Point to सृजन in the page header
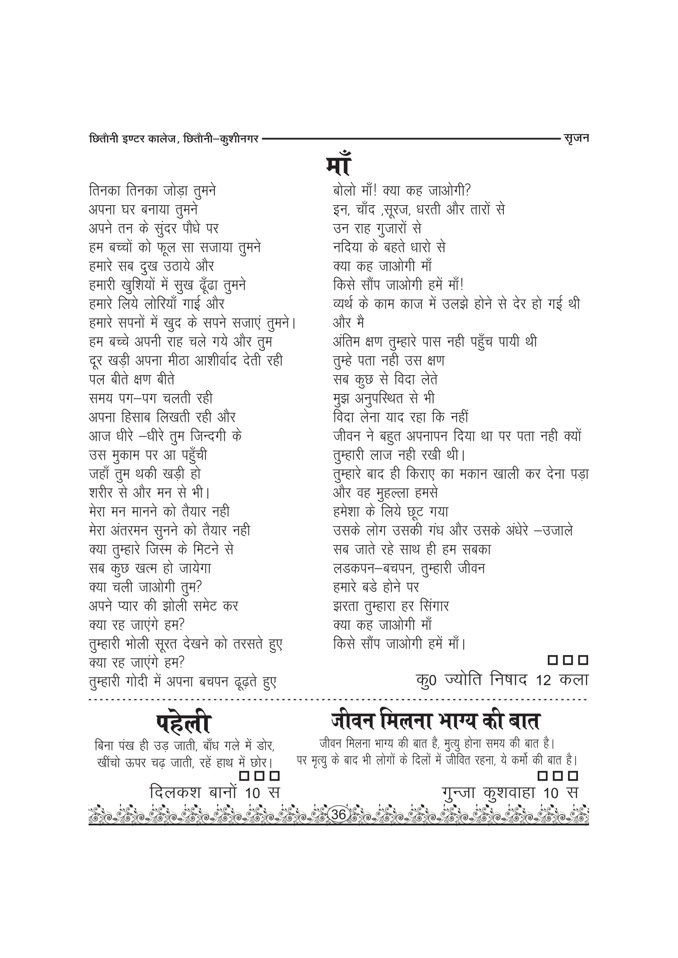[x=576, y=138]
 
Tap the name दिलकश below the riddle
[x=176, y=792]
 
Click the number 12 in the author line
[x=544, y=681]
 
